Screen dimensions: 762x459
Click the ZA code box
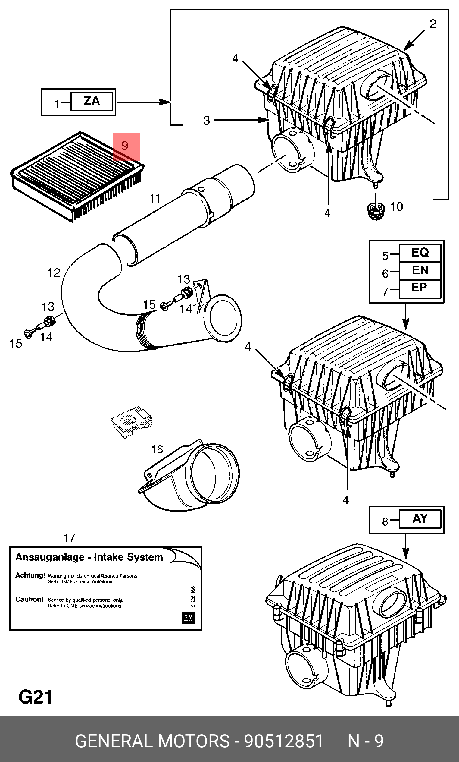click(92, 101)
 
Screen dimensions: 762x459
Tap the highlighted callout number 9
click(125, 146)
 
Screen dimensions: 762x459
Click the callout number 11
click(155, 198)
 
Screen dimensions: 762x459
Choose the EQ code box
click(420, 253)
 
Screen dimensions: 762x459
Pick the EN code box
click(420, 271)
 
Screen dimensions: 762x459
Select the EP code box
click(420, 288)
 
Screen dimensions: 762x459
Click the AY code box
click(420, 519)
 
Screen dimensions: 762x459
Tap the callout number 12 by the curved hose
click(54, 273)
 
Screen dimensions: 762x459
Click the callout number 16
click(157, 449)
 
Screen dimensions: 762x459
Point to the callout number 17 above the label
click(69, 537)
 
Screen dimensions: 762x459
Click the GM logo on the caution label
click(188, 617)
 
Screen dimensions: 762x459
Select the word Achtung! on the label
click(30, 575)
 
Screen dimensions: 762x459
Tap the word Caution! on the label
click(29, 599)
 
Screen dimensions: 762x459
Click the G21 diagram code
click(35, 697)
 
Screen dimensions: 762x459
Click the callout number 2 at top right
click(433, 24)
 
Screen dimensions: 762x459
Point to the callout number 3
click(207, 121)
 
